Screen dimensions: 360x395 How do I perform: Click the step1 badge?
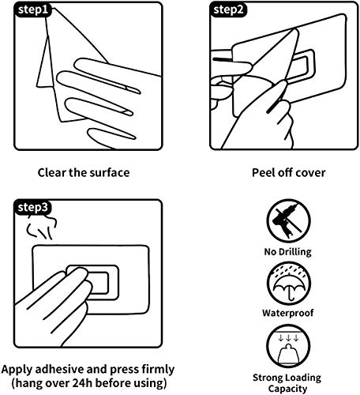coord(32,10)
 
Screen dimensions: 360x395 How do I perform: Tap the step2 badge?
coord(228,10)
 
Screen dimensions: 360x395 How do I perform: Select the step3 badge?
coord(32,207)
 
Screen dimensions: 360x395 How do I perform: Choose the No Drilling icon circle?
coord(288,220)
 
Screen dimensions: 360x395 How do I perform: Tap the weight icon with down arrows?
coord(288,346)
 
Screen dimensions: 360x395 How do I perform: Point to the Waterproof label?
coord(288,313)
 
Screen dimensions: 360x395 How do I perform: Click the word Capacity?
coord(287,389)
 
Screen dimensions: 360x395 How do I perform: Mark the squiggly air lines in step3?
coord(41,227)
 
